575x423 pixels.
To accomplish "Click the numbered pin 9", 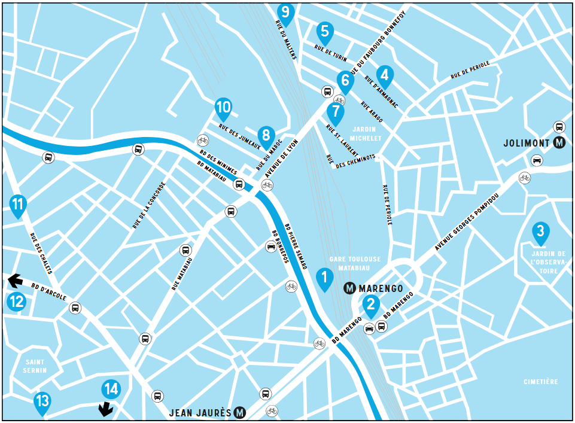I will [285, 12].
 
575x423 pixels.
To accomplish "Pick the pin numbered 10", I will [223, 108].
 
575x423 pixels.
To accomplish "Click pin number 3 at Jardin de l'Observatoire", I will [540, 232].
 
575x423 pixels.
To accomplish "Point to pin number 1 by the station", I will [324, 278].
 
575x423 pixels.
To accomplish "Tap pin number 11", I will [18, 204].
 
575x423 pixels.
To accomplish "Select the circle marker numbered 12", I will [17, 302].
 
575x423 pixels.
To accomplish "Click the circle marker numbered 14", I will [111, 389].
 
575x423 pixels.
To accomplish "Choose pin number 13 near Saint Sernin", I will [42, 401].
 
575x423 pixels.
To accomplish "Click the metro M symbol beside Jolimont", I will [559, 143].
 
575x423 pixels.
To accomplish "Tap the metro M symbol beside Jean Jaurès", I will [240, 412].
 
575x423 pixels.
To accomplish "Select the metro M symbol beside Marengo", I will [351, 288].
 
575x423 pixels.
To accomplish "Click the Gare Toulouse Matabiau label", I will [355, 263].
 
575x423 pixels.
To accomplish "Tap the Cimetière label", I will [540, 382].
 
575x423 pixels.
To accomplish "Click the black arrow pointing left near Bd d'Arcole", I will [15, 279].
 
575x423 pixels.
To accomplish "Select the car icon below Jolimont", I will [537, 160].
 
